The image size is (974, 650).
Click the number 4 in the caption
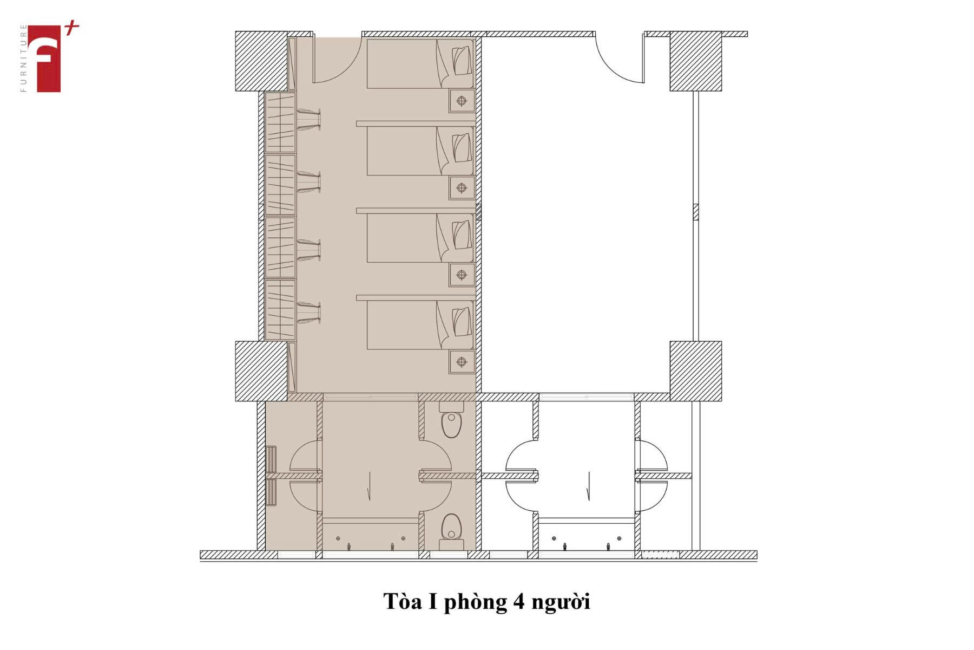click(518, 601)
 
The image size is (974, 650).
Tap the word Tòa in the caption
click(403, 601)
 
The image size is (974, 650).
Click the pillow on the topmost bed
click(461, 61)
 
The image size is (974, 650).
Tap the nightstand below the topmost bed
click(462, 101)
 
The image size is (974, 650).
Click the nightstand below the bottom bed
click(462, 362)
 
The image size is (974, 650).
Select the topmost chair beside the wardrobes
click(308, 120)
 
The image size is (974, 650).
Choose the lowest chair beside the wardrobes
click(308, 313)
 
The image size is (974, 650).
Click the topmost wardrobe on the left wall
click(280, 122)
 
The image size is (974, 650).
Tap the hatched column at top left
click(261, 61)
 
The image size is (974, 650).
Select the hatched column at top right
click(696, 61)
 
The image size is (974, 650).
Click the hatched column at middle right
click(696, 371)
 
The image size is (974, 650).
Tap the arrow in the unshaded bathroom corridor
click(589, 485)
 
